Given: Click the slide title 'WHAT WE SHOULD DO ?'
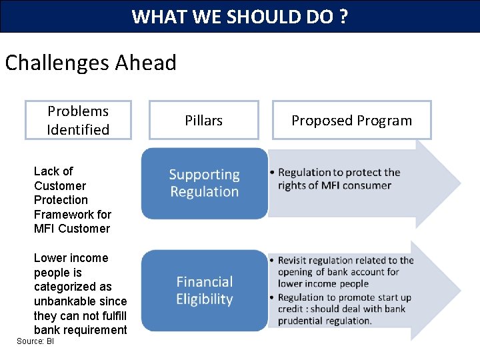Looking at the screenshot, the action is click(239, 16).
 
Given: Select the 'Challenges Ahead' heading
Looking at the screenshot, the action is click(91, 63).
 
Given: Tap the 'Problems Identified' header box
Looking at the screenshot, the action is click(78, 120).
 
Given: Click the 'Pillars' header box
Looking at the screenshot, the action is click(203, 120).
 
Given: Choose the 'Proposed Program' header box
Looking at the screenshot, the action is click(351, 120).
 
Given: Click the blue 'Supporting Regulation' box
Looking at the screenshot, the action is click(204, 183).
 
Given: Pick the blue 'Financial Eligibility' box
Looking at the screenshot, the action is click(204, 291).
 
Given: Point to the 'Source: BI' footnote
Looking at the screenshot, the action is click(35, 341).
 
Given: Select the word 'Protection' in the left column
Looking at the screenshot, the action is click(61, 200).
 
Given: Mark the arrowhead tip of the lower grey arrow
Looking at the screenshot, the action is click(460, 291).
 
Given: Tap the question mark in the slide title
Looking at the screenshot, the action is click(343, 16).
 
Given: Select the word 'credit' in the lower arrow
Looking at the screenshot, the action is click(291, 309).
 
